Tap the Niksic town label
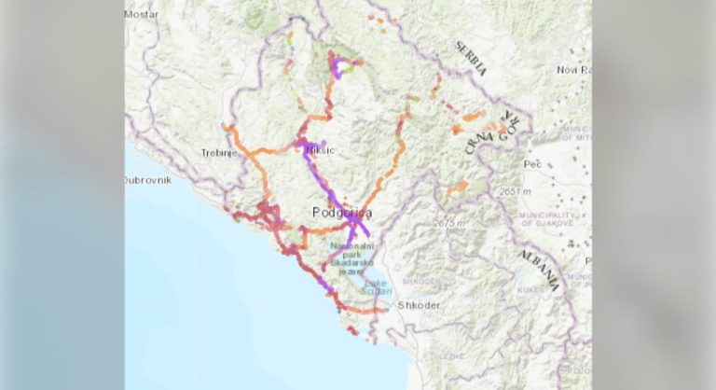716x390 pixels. coord(319,150)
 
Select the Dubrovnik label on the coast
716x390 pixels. coord(148,181)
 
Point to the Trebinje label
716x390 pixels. coord(215,151)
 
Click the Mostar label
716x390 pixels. coord(143,15)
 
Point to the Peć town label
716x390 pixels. coord(533,163)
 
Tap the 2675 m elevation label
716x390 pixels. coord(451,224)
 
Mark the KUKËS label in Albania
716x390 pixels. coord(530,290)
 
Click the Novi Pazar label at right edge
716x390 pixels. coord(573,70)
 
